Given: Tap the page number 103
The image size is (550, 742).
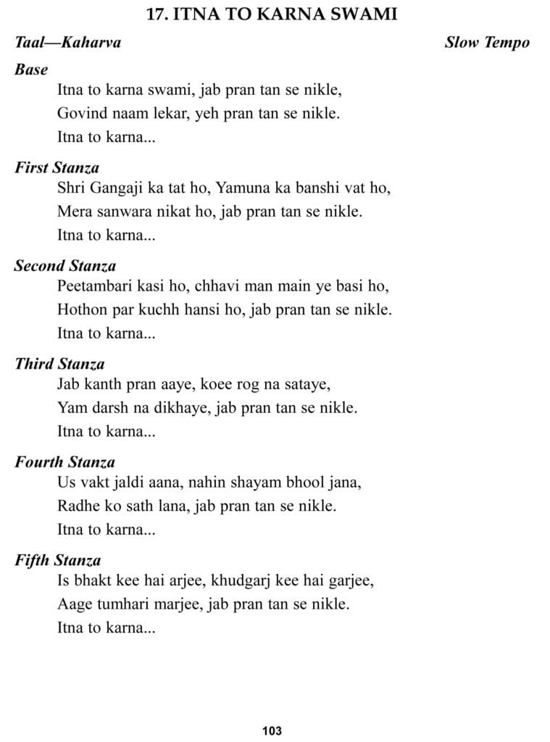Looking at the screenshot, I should [x=272, y=730].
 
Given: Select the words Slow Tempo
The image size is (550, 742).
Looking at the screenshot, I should [x=487, y=42].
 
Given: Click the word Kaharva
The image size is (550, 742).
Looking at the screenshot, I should [x=91, y=42].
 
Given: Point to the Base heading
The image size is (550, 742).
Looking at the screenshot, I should [x=31, y=70].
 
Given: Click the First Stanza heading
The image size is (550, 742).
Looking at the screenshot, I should [x=57, y=168].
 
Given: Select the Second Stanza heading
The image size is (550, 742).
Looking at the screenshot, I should [x=65, y=266].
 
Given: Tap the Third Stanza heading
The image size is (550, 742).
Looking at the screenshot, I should [x=59, y=364].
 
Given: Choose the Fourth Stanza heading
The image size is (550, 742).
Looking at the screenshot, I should [x=64, y=462].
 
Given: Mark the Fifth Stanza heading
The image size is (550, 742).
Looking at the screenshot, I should [x=57, y=560].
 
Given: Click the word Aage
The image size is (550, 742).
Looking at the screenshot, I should [x=73, y=604].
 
